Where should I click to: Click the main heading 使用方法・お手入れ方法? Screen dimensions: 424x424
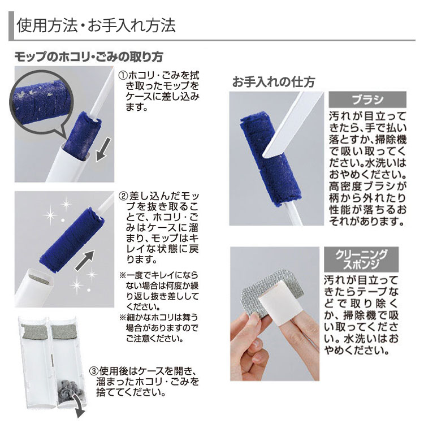(x=96, y=26)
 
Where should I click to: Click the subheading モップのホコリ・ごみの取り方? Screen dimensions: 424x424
(x=89, y=57)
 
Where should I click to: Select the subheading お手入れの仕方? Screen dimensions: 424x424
(x=273, y=81)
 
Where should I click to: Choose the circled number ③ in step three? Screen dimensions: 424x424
(x=95, y=371)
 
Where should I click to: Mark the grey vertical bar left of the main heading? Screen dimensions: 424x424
(x=11, y=27)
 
